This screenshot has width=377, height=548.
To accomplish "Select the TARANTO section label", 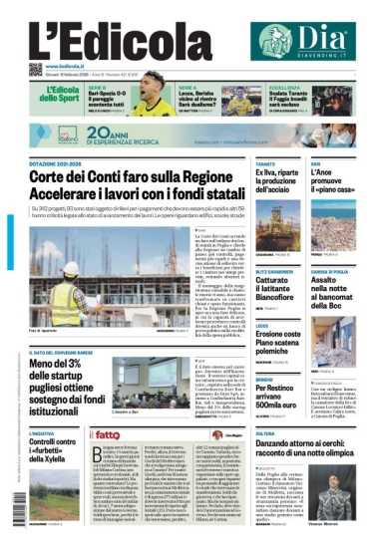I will tap(264, 162).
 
